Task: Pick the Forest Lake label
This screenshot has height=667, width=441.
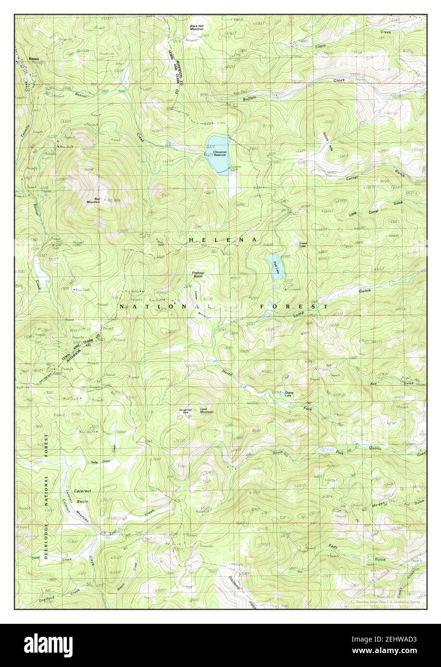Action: pyautogui.click(x=303, y=244)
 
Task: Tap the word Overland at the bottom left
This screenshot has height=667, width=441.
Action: pyautogui.click(x=45, y=598)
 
